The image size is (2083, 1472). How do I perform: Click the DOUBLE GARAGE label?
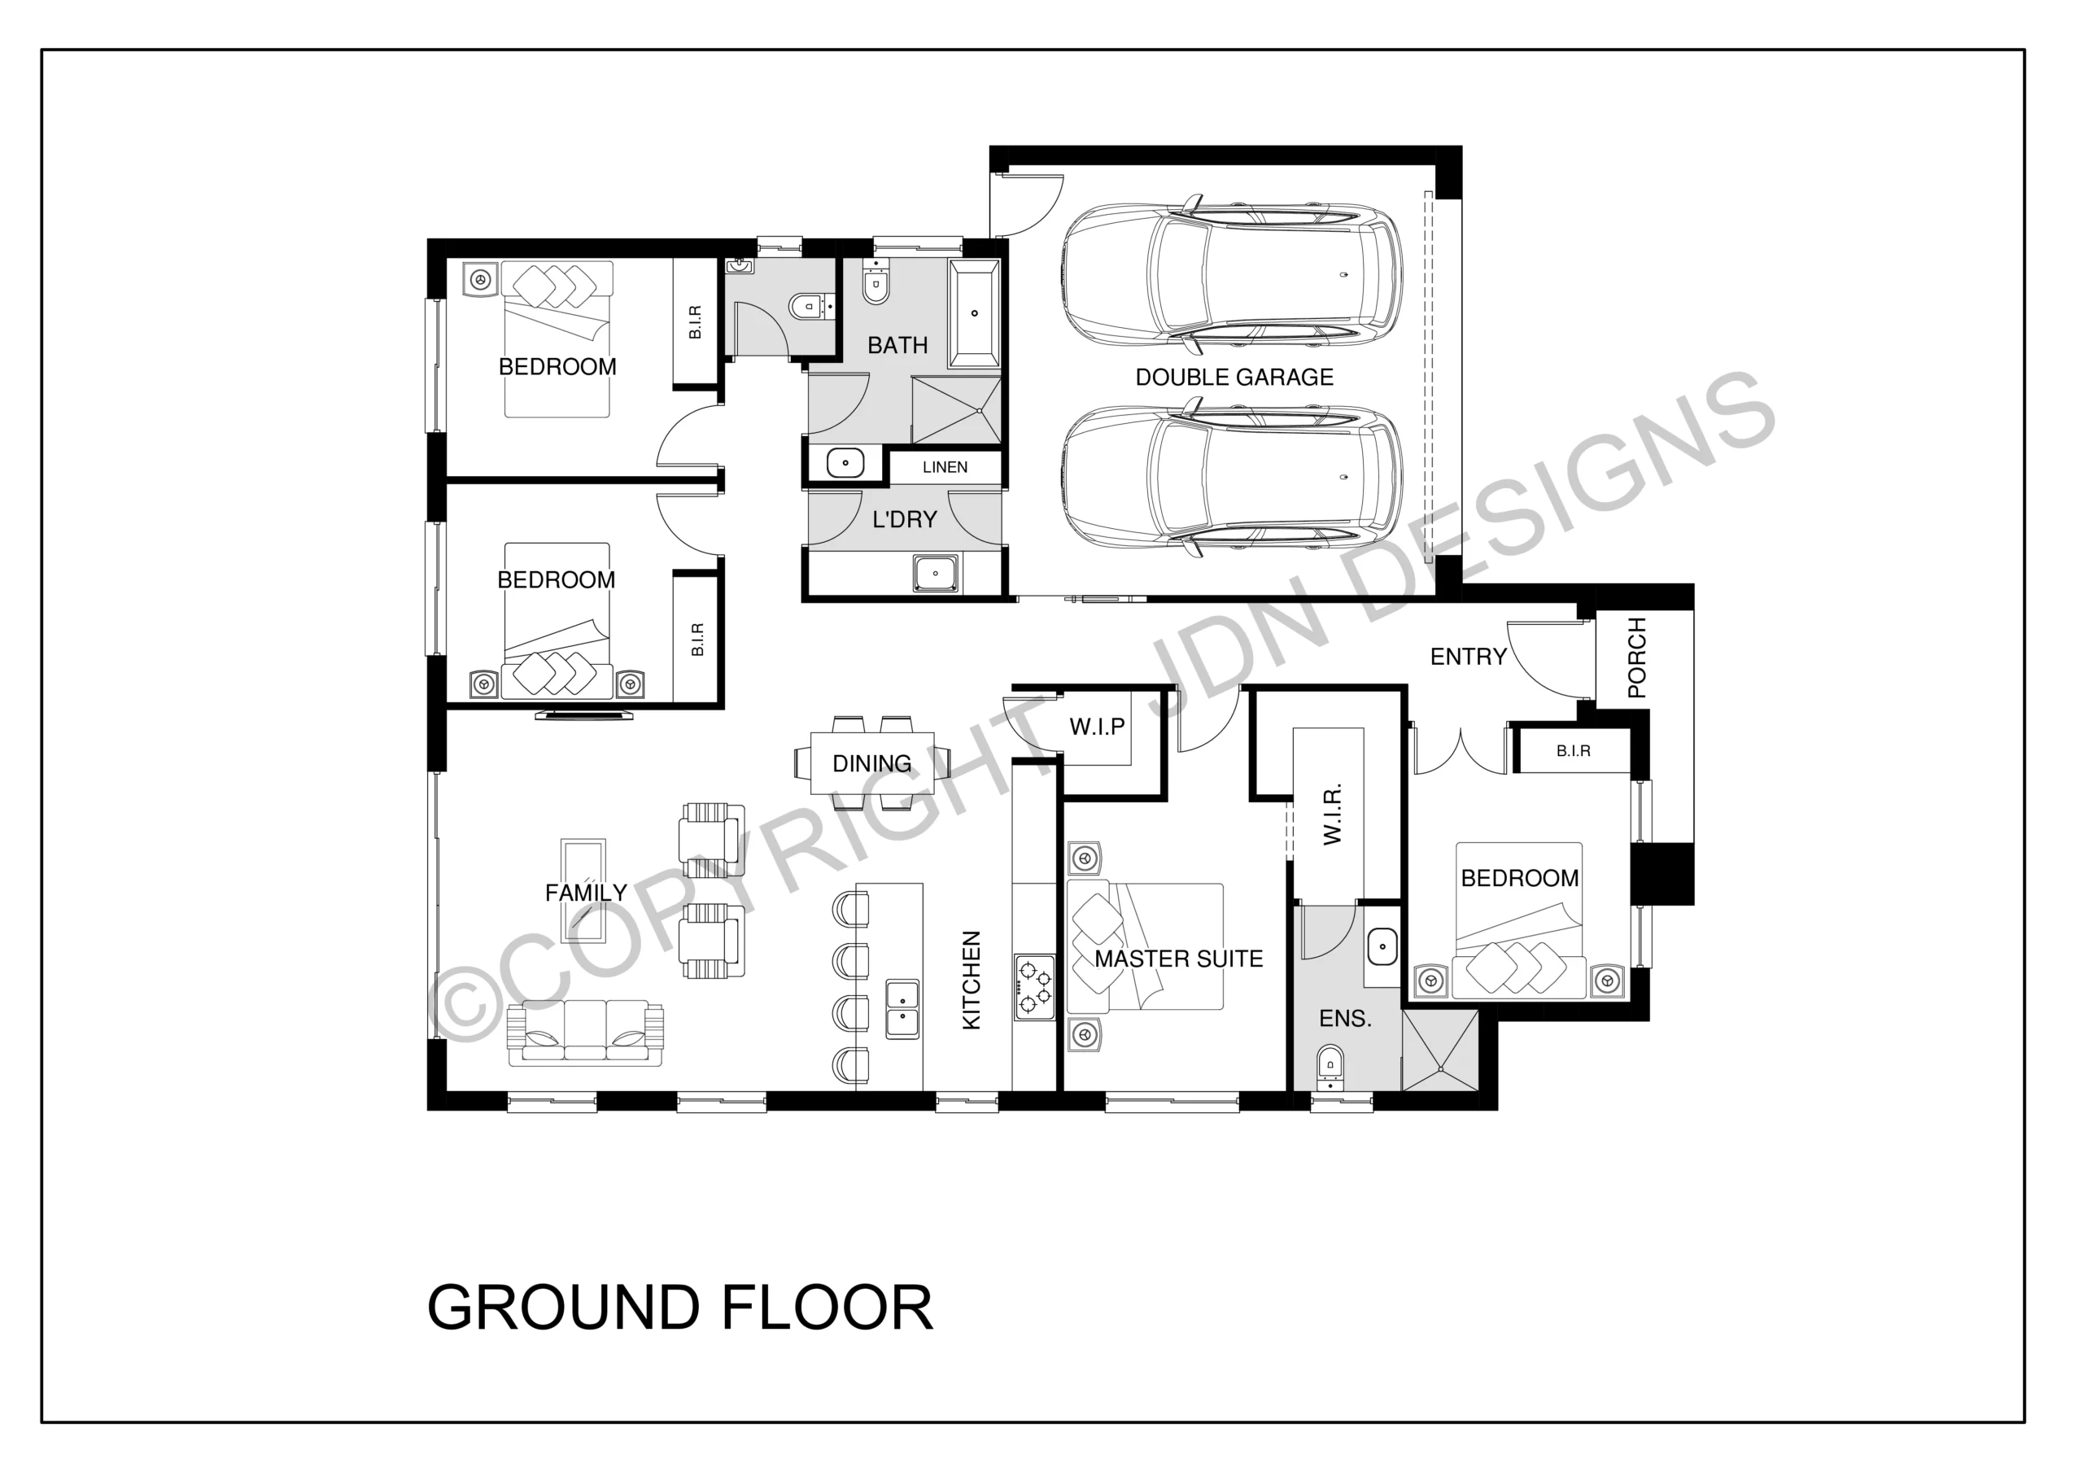click(1234, 377)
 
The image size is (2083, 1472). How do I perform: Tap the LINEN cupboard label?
click(945, 467)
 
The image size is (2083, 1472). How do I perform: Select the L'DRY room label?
click(904, 519)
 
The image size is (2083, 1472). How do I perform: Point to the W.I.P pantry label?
click(1097, 726)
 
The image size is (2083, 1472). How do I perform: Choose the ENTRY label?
click(1468, 656)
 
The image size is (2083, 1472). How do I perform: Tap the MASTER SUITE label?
click(1178, 959)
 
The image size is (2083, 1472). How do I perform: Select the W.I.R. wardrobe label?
click(1332, 814)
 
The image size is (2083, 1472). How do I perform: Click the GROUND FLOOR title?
click(679, 1308)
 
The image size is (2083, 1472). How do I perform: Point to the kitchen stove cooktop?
click(1034, 987)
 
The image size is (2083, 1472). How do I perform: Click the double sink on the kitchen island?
click(902, 1009)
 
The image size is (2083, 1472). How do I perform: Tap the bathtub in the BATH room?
click(974, 314)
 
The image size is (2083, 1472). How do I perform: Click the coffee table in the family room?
click(583, 889)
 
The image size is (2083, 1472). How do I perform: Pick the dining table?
click(871, 762)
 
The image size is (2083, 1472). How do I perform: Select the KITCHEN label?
click(972, 981)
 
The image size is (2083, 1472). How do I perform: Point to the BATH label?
click(897, 345)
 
